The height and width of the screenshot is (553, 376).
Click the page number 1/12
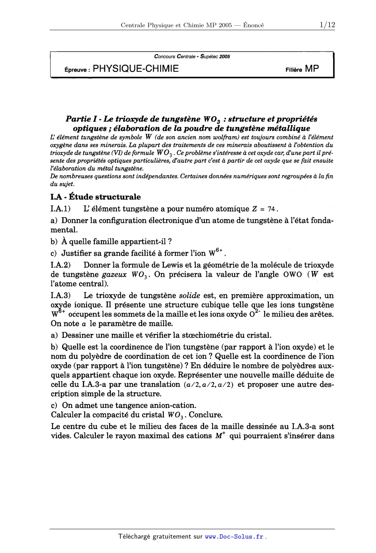point(327,25)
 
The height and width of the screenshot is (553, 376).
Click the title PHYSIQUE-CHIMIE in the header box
point(136,69)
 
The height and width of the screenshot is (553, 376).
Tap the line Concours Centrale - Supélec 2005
point(192,56)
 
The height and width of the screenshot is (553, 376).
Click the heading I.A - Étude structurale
point(96,197)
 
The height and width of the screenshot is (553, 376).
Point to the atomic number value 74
point(271,209)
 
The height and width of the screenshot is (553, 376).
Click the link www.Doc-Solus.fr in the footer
point(234,536)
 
